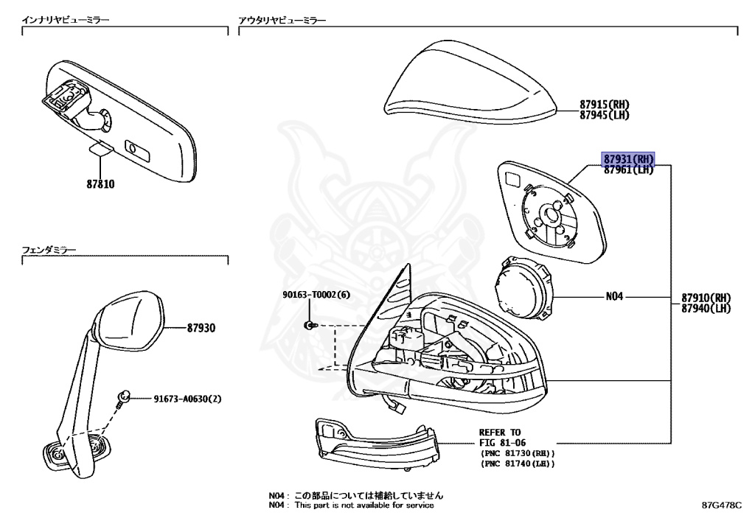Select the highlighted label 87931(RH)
629,159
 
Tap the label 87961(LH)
628,169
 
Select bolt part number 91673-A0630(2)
187,399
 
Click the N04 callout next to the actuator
614,297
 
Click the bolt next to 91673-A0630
125,398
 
